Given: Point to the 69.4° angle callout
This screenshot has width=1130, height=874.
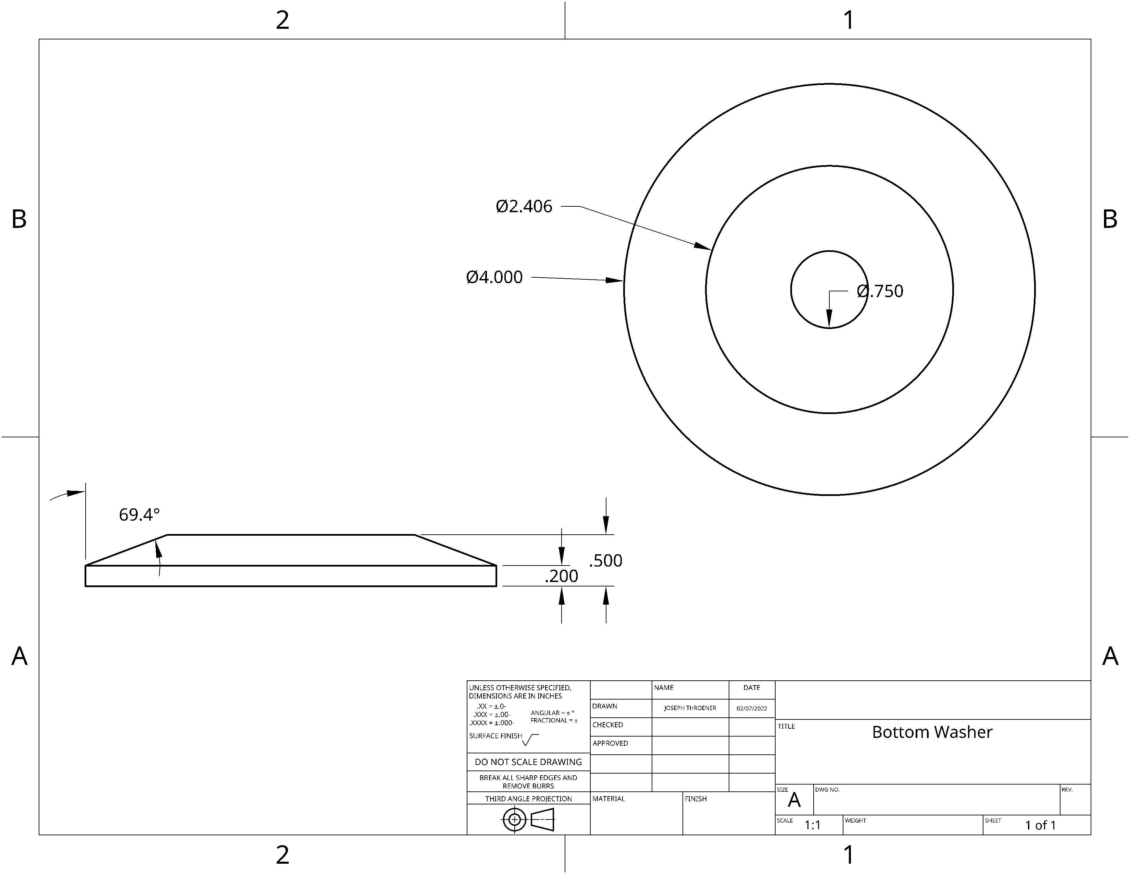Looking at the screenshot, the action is coord(139,515).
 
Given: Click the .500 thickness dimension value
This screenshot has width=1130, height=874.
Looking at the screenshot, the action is coord(605,561).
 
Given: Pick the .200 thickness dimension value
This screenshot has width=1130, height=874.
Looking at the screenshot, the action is coord(561,576).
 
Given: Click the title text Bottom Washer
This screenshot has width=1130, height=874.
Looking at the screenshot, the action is coord(932,732).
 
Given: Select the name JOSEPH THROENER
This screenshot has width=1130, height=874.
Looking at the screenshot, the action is coord(690,708).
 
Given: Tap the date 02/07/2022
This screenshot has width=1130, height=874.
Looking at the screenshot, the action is coord(752,708).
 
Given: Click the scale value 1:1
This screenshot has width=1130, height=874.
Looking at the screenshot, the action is coord(812,825).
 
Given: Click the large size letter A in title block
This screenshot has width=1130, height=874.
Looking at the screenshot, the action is coord(794,800).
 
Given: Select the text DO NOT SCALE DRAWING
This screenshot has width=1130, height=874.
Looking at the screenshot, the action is coord(528,762).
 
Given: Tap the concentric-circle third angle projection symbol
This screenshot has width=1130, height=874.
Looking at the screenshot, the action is coord(514,820).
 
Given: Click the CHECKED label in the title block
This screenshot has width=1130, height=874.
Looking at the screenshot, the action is coord(607,725).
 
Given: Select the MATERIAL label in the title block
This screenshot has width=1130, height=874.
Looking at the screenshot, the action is coord(608,799).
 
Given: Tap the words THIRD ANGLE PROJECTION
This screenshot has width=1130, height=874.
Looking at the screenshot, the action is coord(528,799).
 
